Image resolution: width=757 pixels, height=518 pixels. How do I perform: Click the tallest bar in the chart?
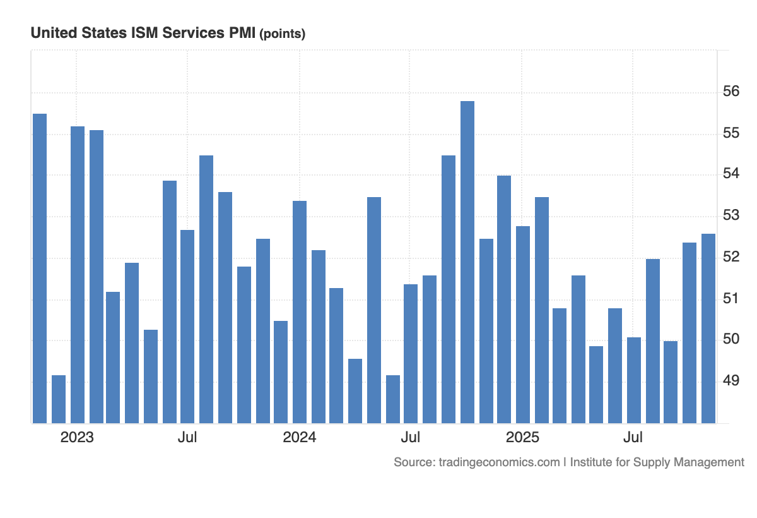467,262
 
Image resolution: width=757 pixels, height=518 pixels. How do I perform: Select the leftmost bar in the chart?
40,268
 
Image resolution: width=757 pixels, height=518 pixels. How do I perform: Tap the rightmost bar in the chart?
708,328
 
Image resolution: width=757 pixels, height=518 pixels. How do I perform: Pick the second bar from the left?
59,399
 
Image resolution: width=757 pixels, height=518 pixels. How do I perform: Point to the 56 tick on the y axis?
731,92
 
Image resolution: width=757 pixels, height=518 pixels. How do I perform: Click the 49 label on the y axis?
731,381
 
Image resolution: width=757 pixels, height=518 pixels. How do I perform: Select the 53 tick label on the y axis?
731,216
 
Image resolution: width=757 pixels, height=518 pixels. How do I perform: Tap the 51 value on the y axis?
731,298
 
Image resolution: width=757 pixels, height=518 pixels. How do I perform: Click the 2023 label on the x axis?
77,438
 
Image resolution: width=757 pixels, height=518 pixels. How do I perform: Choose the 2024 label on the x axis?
300,438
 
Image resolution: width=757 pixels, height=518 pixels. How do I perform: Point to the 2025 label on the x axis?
522,438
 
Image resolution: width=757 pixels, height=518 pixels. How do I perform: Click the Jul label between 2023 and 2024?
187,438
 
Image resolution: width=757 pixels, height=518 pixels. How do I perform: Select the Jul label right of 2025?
633,438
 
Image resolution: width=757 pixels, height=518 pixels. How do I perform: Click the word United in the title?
51,33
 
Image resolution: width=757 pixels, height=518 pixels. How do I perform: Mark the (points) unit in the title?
283,34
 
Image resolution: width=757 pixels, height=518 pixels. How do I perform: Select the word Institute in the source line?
592,462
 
